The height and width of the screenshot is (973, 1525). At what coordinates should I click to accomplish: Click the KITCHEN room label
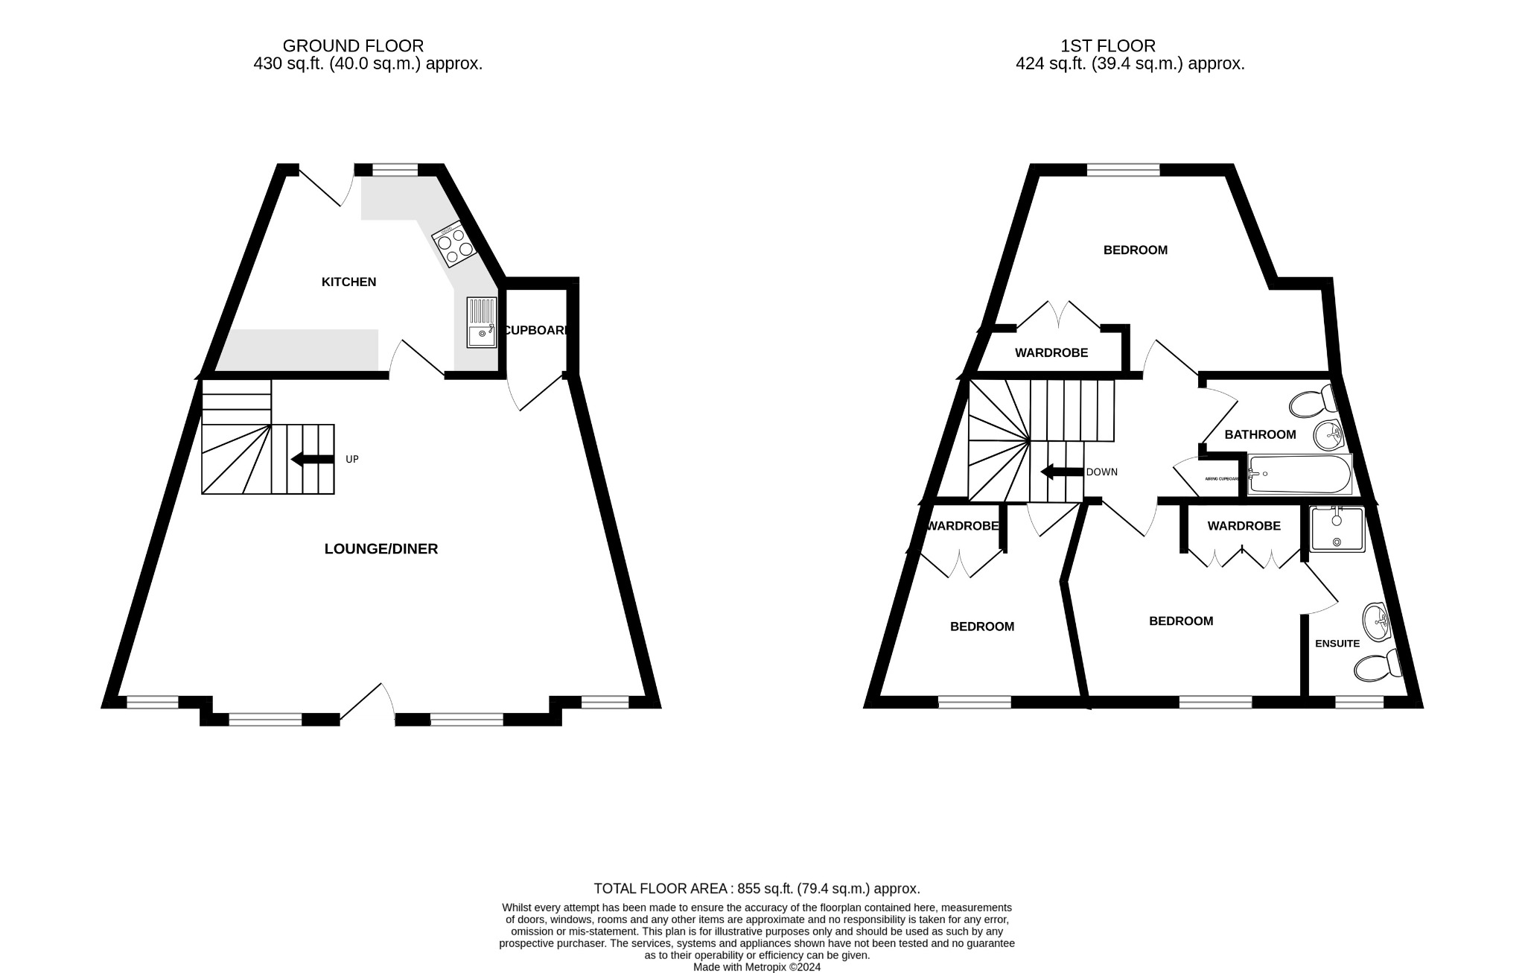(348, 282)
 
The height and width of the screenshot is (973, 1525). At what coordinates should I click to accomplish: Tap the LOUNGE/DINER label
(381, 549)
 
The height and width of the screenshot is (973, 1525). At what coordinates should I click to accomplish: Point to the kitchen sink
(482, 322)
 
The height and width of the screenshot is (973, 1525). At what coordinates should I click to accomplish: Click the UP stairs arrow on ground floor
(312, 459)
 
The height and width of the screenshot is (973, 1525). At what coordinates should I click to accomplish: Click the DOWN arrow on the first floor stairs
(1061, 472)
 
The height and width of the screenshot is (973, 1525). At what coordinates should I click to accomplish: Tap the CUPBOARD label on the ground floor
(536, 330)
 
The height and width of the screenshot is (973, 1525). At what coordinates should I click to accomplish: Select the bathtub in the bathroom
(1300, 475)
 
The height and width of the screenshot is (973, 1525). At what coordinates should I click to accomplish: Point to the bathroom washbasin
(1328, 434)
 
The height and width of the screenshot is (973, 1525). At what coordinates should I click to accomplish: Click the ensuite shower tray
(1337, 529)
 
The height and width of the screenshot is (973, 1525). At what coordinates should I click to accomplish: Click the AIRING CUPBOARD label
(1221, 478)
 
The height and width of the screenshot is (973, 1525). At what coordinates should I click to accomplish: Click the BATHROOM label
(1260, 434)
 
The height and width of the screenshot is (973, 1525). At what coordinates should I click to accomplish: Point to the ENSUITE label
(1337, 644)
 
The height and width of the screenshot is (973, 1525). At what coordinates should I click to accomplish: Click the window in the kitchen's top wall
(395, 171)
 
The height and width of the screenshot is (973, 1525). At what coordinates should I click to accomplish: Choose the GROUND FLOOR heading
(353, 46)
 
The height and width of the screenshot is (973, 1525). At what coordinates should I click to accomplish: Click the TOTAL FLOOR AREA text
(757, 888)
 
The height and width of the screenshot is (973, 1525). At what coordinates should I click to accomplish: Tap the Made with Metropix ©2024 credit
(757, 967)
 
